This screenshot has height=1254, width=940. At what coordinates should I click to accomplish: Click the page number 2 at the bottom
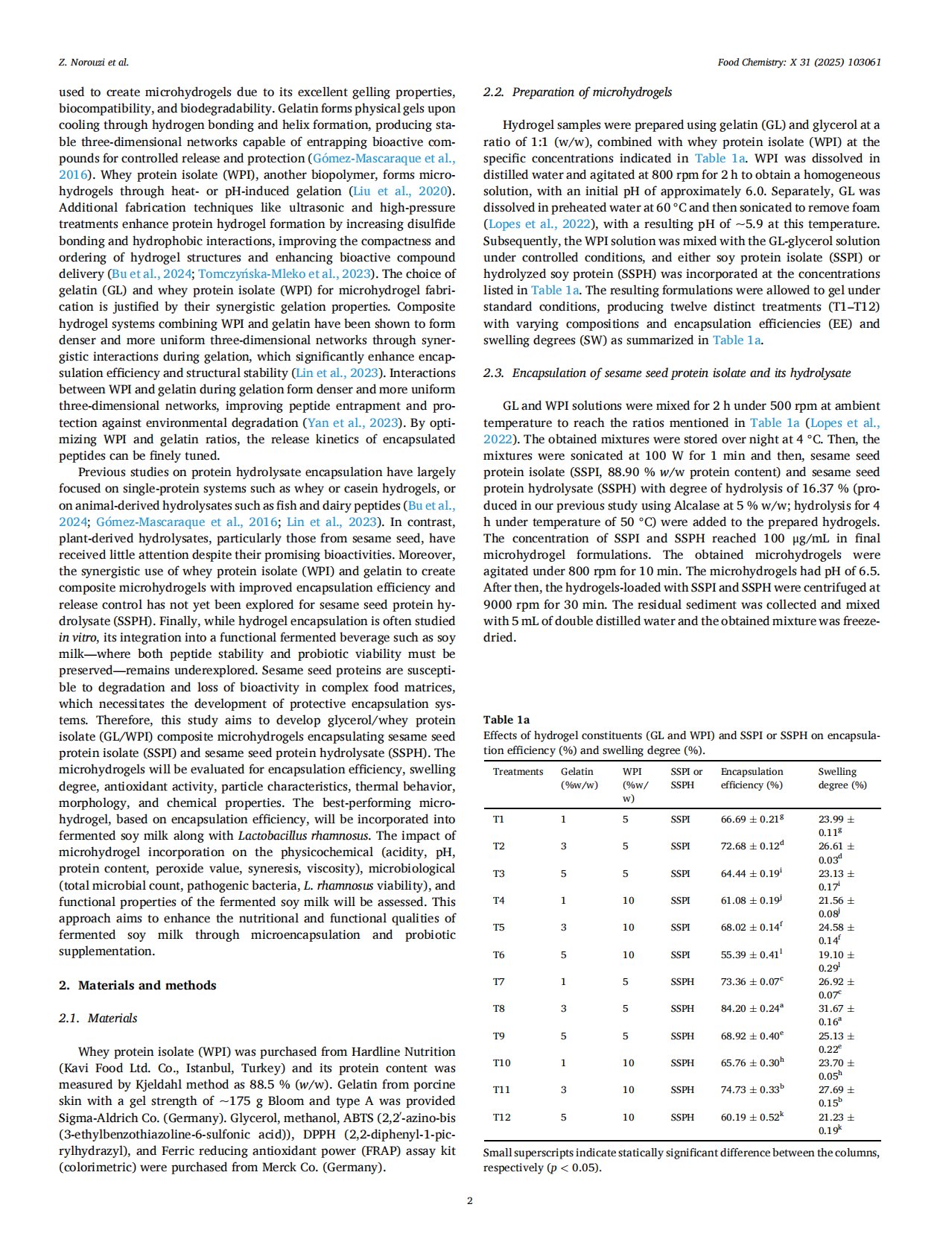tap(469, 1200)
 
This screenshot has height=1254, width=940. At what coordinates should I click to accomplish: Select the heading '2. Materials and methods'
tap(137, 985)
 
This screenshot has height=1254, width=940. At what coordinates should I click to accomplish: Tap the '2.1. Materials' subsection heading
tap(98, 1018)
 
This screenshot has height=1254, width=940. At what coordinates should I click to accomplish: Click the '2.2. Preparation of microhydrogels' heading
tap(577, 92)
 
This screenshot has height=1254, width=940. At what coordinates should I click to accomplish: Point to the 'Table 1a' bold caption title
tap(506, 720)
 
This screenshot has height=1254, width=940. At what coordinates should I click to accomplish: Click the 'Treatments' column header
tap(518, 772)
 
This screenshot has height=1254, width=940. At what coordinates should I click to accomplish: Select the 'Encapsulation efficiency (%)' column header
tap(752, 778)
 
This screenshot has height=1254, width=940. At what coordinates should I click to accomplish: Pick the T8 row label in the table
tap(498, 1008)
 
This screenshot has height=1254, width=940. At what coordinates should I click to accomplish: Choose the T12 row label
tap(501, 1117)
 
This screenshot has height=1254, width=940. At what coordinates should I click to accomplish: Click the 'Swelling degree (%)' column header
tap(842, 778)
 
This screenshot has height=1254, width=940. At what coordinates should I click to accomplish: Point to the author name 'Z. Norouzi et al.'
tap(94, 63)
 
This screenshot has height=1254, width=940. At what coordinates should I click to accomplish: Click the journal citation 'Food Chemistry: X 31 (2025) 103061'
tap(799, 63)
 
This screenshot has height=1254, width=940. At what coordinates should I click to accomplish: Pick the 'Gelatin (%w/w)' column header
tap(579, 778)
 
